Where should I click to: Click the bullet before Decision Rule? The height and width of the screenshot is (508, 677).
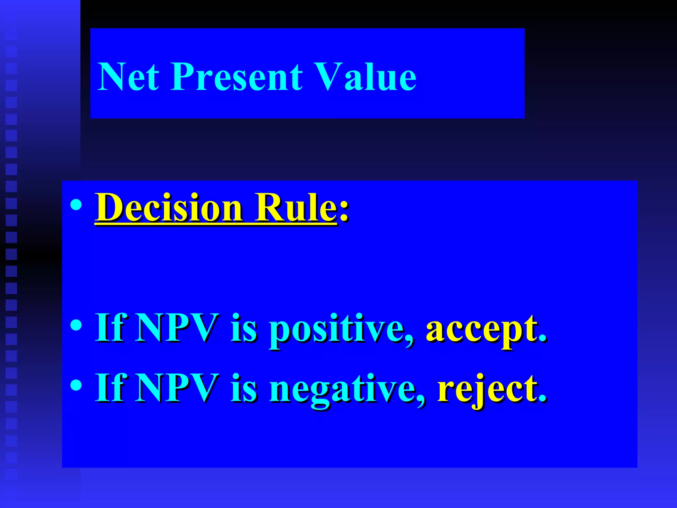tap(76, 205)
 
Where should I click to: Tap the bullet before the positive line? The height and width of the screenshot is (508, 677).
tap(76, 325)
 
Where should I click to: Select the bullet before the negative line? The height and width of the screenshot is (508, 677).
tap(76, 385)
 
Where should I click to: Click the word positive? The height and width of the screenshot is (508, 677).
tap(340, 329)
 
